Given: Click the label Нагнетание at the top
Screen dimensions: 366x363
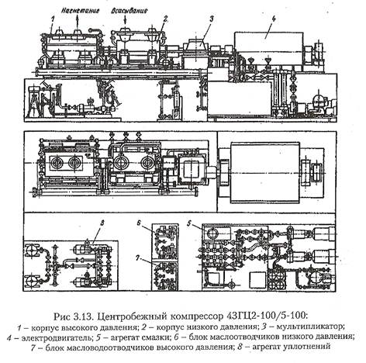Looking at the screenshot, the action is (x=81, y=11).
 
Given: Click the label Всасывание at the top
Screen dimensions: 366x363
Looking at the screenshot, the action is (x=129, y=11).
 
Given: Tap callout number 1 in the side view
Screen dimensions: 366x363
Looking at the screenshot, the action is (x=53, y=19).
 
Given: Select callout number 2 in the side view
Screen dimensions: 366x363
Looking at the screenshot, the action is (x=165, y=18).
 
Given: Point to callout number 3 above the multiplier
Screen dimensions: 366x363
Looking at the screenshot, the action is (x=212, y=19).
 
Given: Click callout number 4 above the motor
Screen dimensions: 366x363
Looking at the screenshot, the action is (x=274, y=19).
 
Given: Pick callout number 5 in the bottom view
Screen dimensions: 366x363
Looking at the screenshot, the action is (x=190, y=223).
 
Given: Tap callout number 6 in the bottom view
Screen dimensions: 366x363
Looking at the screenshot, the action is (x=139, y=223).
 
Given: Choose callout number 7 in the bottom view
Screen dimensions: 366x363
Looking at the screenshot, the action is (x=138, y=258).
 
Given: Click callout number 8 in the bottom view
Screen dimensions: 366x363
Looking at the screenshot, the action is (x=102, y=223).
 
